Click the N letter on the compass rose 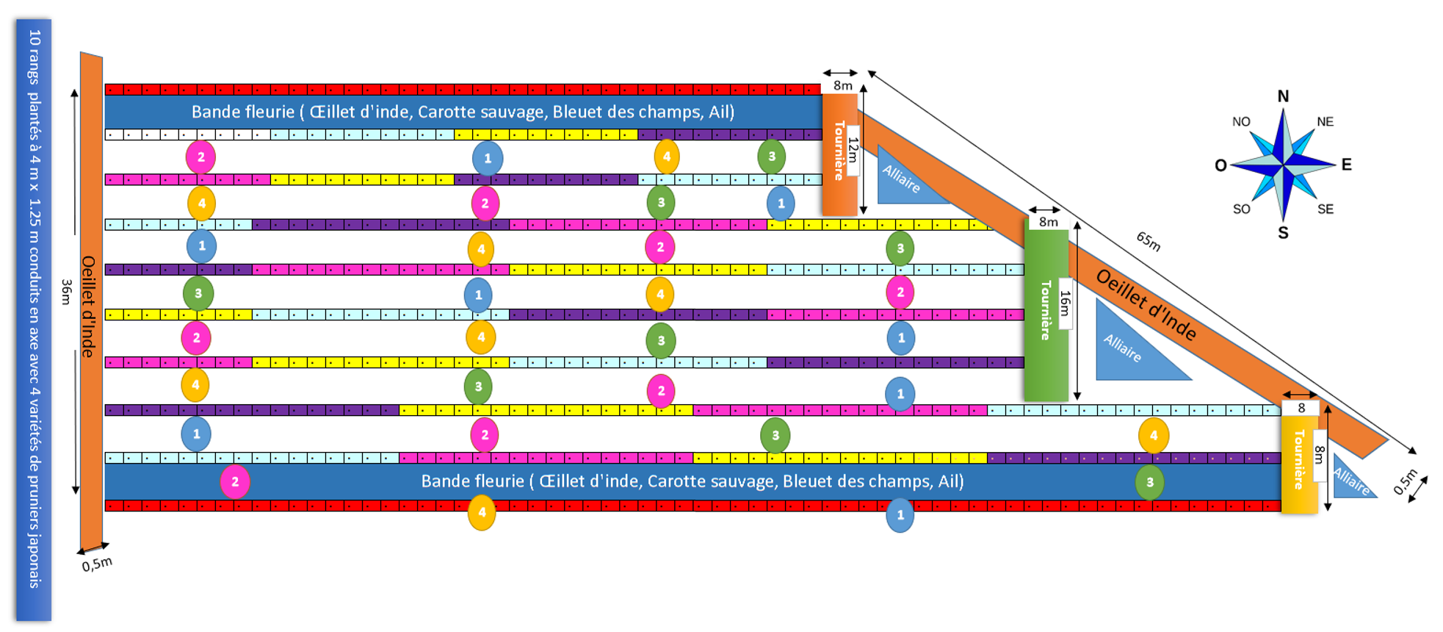[1283, 96]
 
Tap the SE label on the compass [1325, 209]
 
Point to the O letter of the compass [1220, 165]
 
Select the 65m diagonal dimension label [1149, 241]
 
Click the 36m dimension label [67, 292]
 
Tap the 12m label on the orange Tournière [853, 150]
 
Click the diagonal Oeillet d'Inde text [1146, 304]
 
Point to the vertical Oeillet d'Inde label [89, 306]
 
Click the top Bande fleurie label [463, 112]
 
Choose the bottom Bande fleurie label [692, 481]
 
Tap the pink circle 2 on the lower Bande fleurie [235, 482]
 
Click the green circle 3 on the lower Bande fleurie [1149, 483]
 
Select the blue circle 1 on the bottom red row [900, 515]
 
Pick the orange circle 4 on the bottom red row [482, 513]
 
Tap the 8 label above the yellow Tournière [1301, 408]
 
